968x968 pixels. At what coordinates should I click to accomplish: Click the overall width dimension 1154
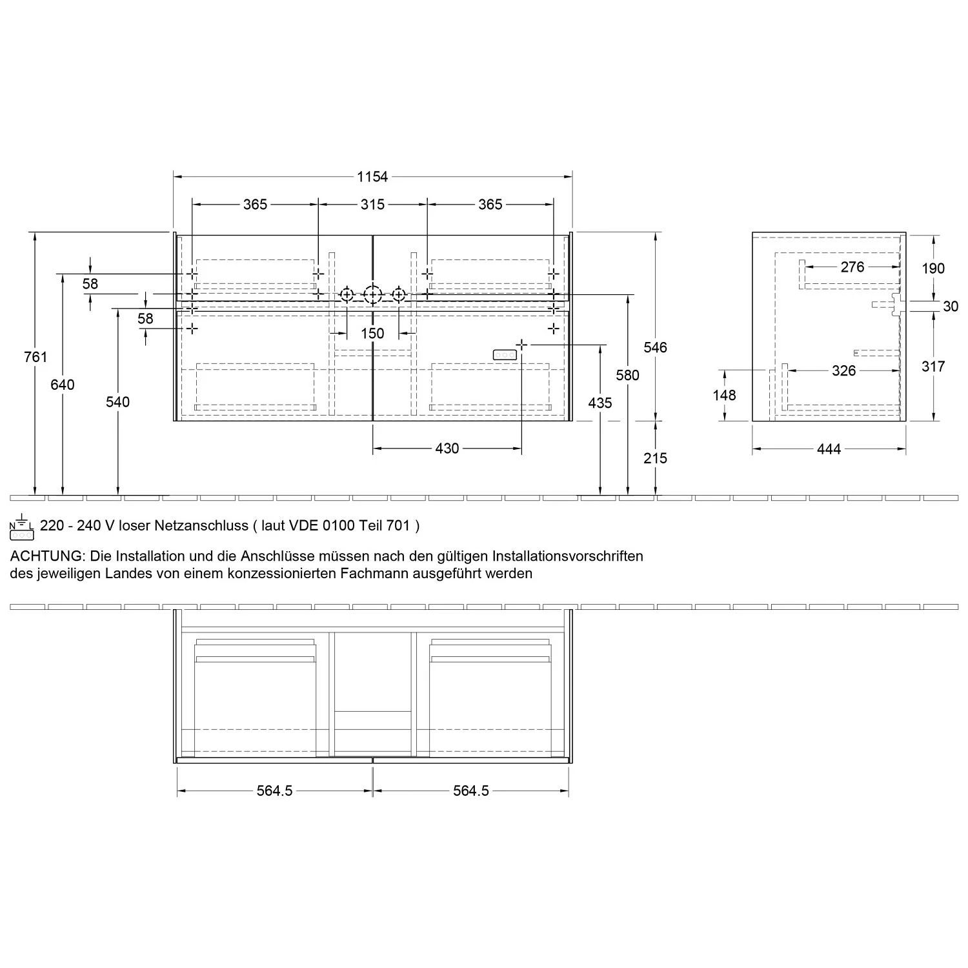372,176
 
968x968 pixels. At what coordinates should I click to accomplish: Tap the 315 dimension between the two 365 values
372,205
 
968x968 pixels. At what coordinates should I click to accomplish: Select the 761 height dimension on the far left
35,356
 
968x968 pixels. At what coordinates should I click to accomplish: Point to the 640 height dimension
63,385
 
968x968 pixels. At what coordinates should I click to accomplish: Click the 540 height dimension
117,402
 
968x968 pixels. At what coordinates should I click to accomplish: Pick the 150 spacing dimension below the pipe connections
372,334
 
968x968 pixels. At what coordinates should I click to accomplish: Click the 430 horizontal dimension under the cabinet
447,449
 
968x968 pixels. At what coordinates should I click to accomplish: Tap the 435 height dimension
600,403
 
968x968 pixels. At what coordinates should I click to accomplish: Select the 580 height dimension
627,375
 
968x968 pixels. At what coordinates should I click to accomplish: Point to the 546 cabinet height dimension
655,347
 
